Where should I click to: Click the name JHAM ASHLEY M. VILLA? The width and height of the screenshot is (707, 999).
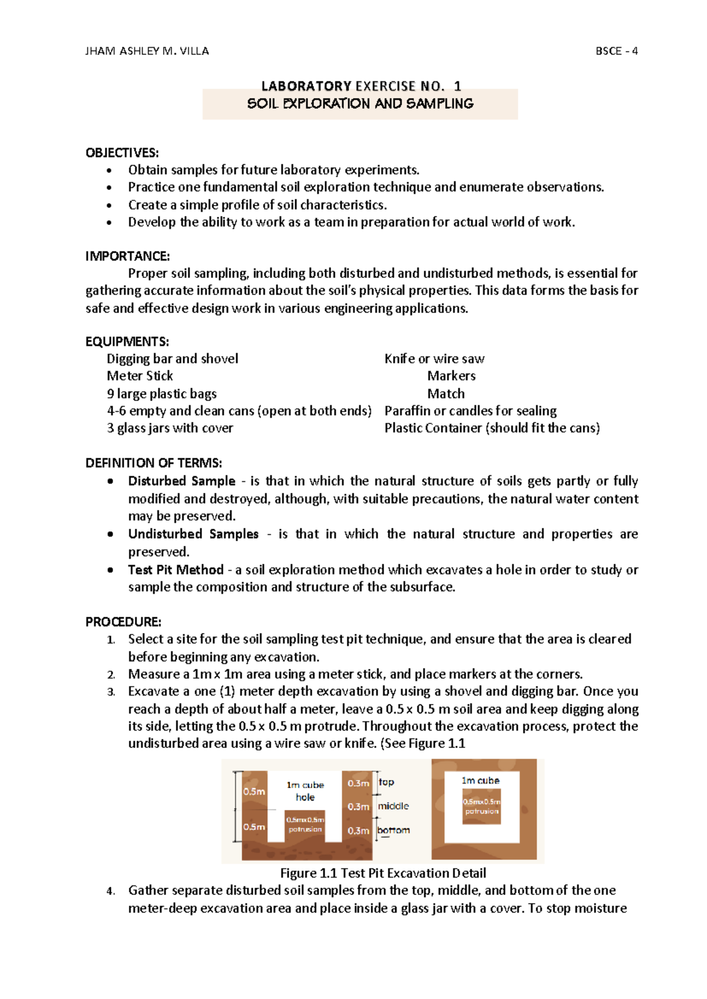click(x=147, y=51)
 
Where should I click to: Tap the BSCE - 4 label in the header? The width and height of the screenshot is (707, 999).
click(x=616, y=51)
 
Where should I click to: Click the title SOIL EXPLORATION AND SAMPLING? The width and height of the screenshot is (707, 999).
click(x=360, y=104)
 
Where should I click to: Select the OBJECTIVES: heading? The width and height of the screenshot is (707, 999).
click(x=122, y=153)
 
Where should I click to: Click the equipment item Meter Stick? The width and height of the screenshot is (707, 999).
click(x=140, y=376)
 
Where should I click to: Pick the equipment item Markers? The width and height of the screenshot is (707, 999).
click(x=451, y=376)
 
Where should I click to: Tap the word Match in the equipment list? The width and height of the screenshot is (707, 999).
click(x=446, y=393)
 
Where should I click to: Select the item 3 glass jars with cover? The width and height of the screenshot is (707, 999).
click(x=170, y=428)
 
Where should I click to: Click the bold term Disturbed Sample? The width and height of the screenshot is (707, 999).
click(x=181, y=481)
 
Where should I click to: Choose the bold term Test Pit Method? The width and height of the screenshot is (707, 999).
click(x=176, y=570)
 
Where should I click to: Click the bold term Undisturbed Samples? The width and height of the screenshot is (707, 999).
click(x=193, y=534)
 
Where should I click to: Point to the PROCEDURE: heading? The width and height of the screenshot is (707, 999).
click(x=123, y=622)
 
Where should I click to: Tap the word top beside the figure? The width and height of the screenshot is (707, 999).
click(x=386, y=782)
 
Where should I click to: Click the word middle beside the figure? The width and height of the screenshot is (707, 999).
click(x=393, y=806)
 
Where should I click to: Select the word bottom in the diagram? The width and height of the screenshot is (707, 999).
click(x=394, y=830)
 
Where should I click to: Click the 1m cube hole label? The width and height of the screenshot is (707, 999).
click(x=305, y=791)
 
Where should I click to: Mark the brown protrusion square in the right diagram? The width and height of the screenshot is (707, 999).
click(x=481, y=806)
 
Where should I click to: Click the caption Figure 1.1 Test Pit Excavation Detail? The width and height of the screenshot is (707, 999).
click(x=383, y=873)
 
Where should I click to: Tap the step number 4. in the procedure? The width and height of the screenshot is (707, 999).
click(x=111, y=891)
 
